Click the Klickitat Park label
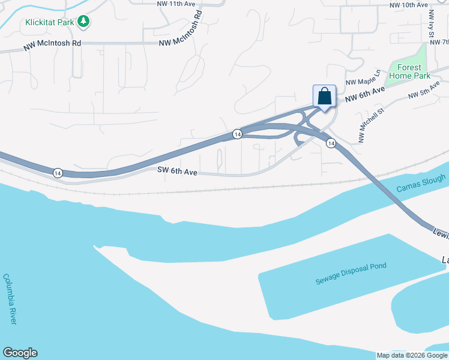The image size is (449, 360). (x=50, y=23)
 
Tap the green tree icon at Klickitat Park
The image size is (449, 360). (x=85, y=22)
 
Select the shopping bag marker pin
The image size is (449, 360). (x=324, y=97)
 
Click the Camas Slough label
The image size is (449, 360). (x=421, y=184)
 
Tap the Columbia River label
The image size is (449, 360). (x=10, y=299)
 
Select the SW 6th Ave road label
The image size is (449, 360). (x=178, y=172)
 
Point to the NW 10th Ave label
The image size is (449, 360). (x=408, y=5)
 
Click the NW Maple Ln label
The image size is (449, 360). (x=363, y=79)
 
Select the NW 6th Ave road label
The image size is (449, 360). (x=364, y=94)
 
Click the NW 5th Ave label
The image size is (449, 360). (x=424, y=91)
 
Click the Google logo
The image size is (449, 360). (x=20, y=353)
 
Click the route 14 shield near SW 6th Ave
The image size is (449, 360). (x=58, y=173)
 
